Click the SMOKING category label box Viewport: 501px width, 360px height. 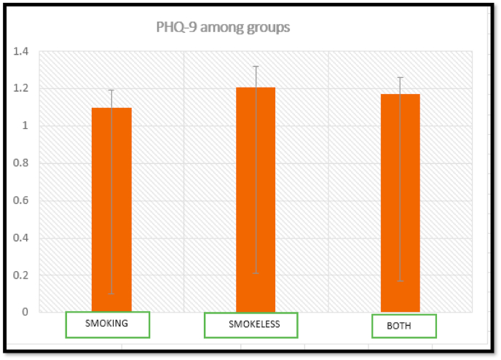[107, 324]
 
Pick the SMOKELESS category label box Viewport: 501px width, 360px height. [250, 325]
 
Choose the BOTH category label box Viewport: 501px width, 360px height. [403, 326]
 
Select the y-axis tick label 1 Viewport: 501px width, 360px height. [25, 126]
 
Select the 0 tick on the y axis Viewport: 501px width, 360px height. [25, 312]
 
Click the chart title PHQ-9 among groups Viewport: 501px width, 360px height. [224, 28]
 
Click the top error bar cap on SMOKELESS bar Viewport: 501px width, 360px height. [256, 66]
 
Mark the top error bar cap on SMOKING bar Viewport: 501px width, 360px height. [111, 90]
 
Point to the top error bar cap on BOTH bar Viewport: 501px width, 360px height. [400, 77]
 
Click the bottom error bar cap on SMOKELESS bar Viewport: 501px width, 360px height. [256, 273]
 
